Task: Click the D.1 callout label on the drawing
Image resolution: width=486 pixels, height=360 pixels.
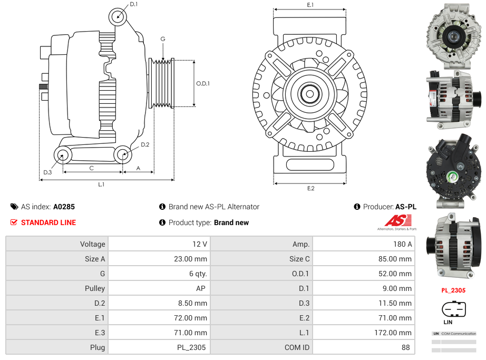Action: [x=133, y=4]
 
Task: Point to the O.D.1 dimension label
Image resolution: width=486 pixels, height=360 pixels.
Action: [x=203, y=83]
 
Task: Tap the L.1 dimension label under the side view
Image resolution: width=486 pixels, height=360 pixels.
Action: [x=101, y=184]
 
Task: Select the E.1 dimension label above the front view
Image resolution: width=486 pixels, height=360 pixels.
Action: [x=310, y=5]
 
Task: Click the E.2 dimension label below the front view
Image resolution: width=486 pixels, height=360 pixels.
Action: [x=310, y=188]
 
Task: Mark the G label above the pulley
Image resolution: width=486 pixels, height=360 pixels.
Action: [x=163, y=39]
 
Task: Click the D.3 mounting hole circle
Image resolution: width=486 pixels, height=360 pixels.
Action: [x=63, y=155]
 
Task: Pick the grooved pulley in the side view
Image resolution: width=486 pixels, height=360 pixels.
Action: [x=162, y=83]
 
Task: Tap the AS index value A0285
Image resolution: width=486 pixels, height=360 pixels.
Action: [x=64, y=207]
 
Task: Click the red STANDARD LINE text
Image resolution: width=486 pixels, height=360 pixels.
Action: [x=48, y=222]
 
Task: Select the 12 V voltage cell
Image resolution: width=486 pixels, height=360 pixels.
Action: [x=200, y=244]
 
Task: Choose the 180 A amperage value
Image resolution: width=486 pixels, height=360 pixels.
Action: [x=403, y=244]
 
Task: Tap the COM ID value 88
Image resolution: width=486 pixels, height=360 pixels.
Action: [x=406, y=347]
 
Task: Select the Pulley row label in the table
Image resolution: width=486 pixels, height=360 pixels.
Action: [x=95, y=288]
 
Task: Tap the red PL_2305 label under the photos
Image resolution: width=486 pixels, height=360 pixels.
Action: [x=453, y=290]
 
